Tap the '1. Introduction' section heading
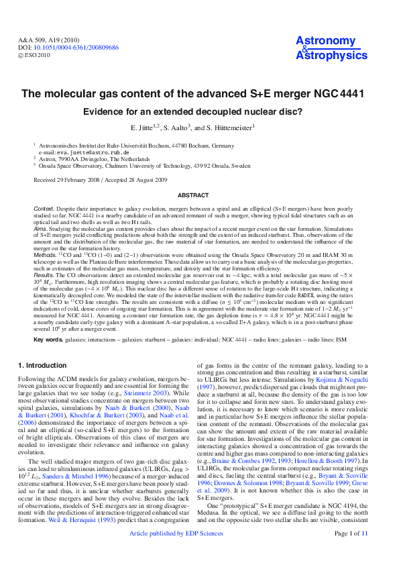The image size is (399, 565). point(42,365)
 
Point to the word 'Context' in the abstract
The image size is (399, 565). point(44,209)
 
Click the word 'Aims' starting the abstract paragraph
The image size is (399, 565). point(40,229)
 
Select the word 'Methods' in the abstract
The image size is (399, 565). point(45,255)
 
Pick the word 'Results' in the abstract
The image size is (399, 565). point(44,274)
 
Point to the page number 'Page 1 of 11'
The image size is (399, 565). point(351,552)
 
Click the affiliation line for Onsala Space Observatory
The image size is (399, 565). point(145,165)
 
